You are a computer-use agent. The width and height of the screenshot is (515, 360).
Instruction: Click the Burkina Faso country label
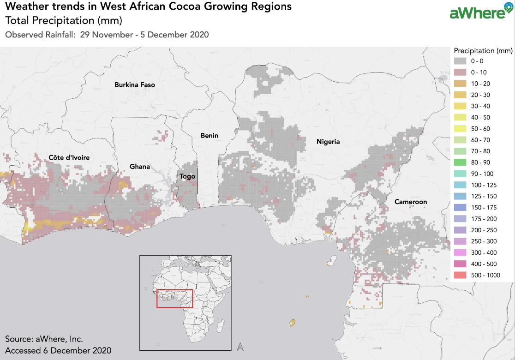135,85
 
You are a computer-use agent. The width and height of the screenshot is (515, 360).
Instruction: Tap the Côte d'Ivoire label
69,158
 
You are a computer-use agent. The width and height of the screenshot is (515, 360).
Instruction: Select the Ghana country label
140,167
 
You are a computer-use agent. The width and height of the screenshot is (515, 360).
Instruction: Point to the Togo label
188,176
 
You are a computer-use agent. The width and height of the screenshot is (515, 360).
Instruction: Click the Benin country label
209,135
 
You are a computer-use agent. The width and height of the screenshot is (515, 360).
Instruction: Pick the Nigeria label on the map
328,142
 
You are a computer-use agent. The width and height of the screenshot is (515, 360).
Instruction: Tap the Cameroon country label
410,202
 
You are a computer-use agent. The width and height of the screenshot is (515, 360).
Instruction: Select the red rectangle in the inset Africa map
174,299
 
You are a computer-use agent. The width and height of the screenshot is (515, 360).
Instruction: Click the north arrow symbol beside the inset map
240,346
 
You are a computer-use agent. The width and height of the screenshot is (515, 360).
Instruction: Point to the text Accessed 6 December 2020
58,350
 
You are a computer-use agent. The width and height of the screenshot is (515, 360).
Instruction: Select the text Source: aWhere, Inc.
44,339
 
